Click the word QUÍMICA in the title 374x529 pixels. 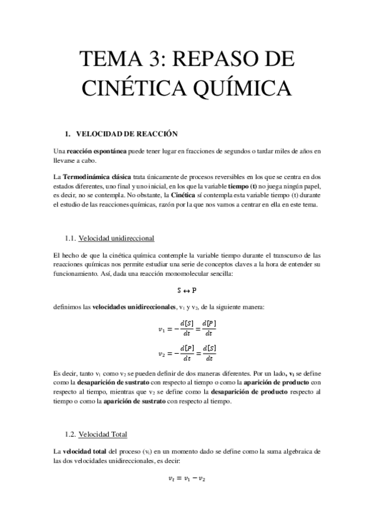[237, 87]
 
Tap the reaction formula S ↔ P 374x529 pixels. [187, 289]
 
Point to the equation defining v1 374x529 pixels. [187, 328]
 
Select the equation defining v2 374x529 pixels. [187, 353]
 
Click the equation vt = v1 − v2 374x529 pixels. [187, 479]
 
